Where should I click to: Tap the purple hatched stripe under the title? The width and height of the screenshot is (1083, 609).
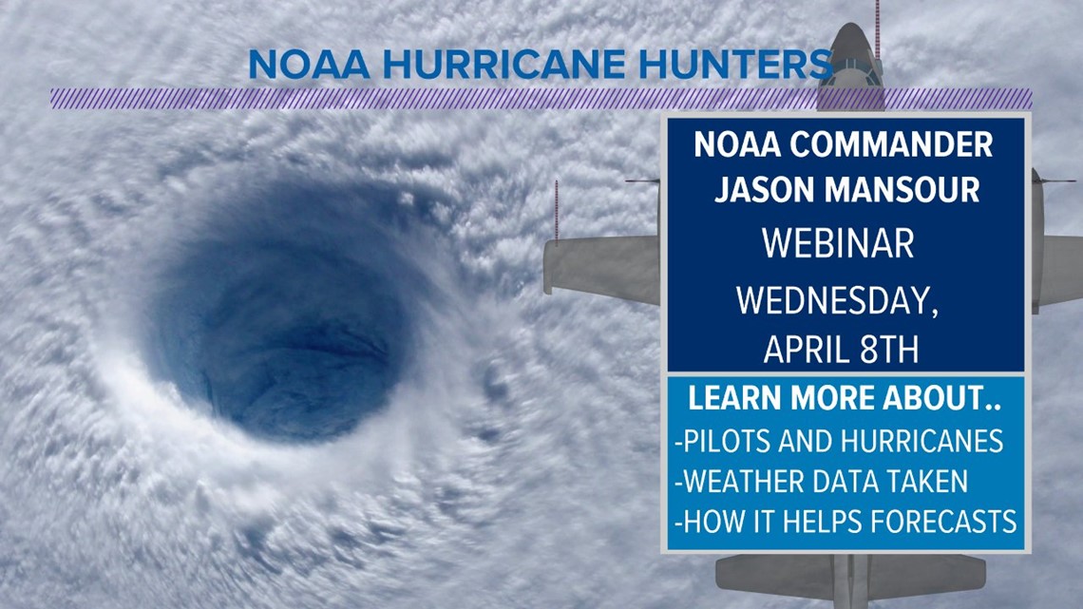click(380, 98)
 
